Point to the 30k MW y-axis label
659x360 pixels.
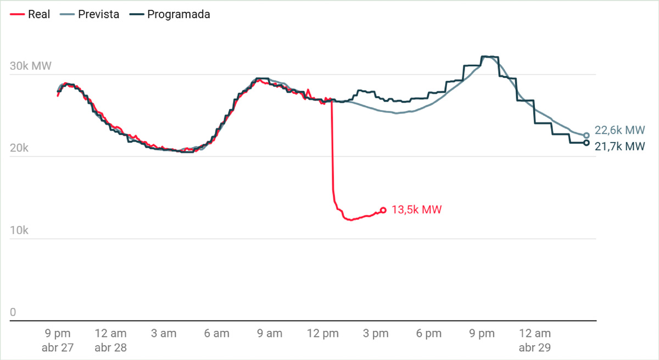tap(31, 66)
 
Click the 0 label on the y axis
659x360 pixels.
tap(13, 312)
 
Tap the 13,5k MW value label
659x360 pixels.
tap(416, 210)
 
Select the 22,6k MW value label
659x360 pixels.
tap(619, 131)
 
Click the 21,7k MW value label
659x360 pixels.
tap(619, 147)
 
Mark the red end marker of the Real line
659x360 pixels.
tap(383, 210)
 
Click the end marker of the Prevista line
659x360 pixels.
tap(586, 136)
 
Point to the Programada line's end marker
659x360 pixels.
tap(586, 143)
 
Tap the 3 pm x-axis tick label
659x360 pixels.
tap(376, 333)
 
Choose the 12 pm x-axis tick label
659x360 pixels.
tap(322, 333)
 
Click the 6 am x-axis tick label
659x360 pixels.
tap(216, 333)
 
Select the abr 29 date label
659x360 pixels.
tap(535, 347)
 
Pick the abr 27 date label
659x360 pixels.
tap(57, 347)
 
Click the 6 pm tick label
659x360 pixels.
tap(428, 333)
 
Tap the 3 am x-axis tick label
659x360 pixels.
tap(164, 333)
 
